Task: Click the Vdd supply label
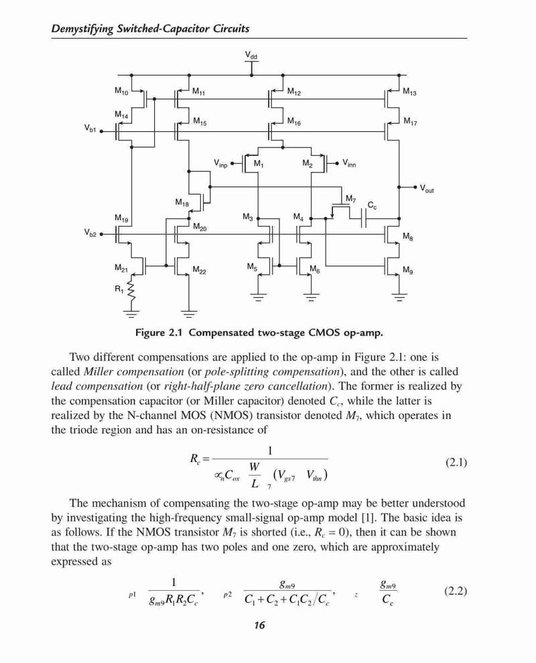coord(251,55)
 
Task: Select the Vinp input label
coord(220,163)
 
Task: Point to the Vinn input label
coord(349,163)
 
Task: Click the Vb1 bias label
coord(90,128)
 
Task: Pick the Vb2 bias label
coord(90,233)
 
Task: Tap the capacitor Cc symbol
coord(363,219)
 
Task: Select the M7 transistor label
coord(351,198)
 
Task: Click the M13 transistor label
coord(409,92)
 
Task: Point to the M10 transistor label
coord(121,90)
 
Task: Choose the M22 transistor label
coord(200,270)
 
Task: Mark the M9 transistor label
coord(408,270)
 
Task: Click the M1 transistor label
coord(258,164)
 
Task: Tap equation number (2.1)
coord(456,462)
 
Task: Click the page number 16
coord(259,626)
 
